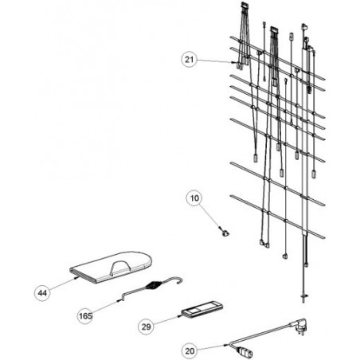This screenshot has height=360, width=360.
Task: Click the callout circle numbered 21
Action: click(x=189, y=59)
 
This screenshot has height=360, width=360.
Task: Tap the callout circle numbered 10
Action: click(x=194, y=198)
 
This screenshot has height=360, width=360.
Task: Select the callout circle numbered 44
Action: click(x=42, y=293)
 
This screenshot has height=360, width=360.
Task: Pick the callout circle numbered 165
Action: click(x=85, y=316)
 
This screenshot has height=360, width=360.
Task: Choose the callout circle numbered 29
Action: click(x=146, y=327)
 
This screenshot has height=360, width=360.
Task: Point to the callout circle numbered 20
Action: click(x=190, y=351)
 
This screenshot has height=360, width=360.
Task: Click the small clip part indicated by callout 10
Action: click(x=225, y=233)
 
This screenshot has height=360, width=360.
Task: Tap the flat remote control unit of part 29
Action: click(x=202, y=309)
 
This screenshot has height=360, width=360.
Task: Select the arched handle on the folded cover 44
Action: click(x=121, y=267)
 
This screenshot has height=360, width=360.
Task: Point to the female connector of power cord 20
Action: click(x=245, y=351)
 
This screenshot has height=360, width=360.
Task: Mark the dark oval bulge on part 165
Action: click(x=154, y=286)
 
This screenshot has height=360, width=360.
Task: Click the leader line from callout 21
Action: click(x=214, y=61)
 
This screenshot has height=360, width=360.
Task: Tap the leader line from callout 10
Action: click(x=209, y=215)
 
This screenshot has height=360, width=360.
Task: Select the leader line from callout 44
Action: click(x=62, y=284)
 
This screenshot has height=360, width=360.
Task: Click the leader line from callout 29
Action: click(x=166, y=320)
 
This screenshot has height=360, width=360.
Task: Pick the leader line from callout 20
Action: click(x=210, y=348)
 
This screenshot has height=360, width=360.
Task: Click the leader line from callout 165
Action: click(x=105, y=307)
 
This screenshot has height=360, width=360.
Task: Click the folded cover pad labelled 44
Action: click(x=111, y=267)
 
